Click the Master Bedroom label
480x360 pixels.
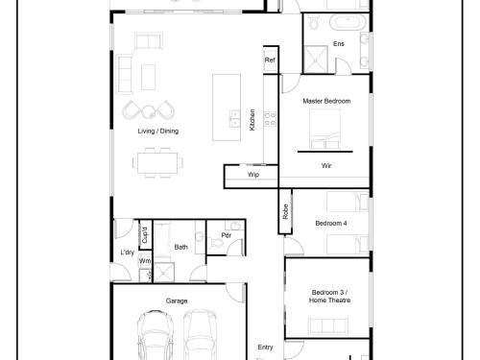(326, 101)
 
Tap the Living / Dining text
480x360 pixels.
(158, 131)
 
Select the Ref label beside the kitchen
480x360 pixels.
(270, 60)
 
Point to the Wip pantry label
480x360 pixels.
(253, 175)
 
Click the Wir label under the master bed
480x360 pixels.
(326, 165)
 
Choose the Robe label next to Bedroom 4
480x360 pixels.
(285, 211)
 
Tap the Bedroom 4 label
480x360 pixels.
(331, 223)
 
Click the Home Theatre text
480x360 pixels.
(329, 300)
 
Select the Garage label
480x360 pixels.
(177, 300)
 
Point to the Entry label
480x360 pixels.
(265, 348)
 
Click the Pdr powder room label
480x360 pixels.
(226, 235)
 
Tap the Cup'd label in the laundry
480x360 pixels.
(145, 235)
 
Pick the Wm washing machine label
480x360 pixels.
(145, 261)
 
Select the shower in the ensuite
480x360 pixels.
(316, 60)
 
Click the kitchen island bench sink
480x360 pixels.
(235, 118)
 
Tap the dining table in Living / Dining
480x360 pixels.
(157, 163)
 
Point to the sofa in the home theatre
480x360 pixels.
(327, 326)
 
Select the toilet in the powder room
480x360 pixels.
(217, 242)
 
